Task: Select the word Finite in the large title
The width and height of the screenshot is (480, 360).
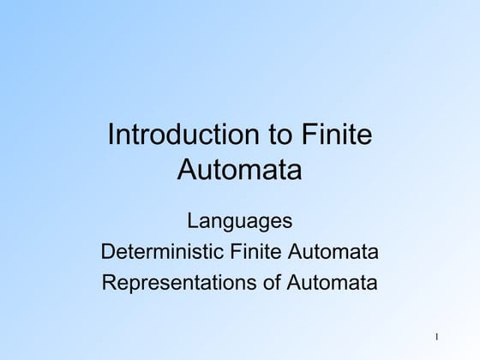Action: pyautogui.click(x=339, y=135)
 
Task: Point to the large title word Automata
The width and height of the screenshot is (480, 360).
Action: pyautogui.click(x=240, y=169)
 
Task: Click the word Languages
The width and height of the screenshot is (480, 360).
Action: pyautogui.click(x=240, y=222)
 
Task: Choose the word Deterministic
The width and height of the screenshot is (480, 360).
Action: pyautogui.click(x=163, y=252)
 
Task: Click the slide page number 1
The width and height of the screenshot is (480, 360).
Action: pyautogui.click(x=436, y=337)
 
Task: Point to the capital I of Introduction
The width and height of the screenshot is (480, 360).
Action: pyautogui.click(x=108, y=135)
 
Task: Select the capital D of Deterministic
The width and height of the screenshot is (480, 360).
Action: pyautogui.click(x=108, y=252)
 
